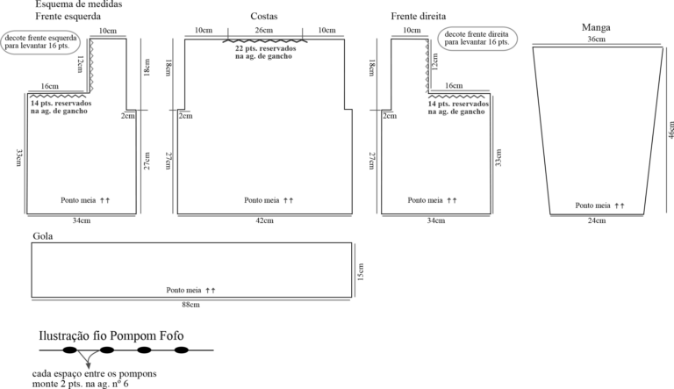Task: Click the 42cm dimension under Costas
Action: tap(264, 220)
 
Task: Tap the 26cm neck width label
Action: tap(264, 30)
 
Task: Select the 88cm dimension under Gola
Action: tap(190, 305)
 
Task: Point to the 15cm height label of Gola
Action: tap(360, 272)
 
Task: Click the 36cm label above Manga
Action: tap(596, 40)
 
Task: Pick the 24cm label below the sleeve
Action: tap(597, 220)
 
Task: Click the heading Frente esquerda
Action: tap(68, 17)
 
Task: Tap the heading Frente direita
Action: tap(419, 17)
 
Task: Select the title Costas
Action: tap(264, 17)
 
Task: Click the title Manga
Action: tap(596, 27)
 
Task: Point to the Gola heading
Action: tap(43, 236)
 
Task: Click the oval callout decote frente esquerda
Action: tap(41, 42)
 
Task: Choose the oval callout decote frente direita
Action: tap(477, 39)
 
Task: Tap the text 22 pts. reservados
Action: tap(265, 48)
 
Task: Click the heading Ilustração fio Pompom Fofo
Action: tap(111, 335)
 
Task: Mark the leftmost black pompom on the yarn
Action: tap(69, 350)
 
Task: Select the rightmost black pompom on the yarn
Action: tap(182, 350)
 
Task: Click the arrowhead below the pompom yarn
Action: tap(89, 365)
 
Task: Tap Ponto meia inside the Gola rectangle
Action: tap(183, 291)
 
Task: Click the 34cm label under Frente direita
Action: tap(436, 220)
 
